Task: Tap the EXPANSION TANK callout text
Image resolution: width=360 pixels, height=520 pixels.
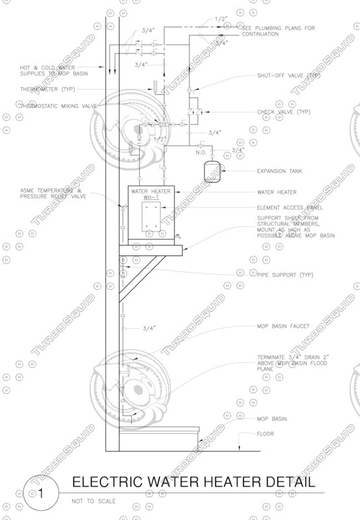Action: tap(280, 171)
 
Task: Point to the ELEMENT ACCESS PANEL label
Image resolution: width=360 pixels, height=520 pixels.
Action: tap(289, 207)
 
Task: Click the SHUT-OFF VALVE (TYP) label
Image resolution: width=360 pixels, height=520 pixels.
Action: tap(289, 75)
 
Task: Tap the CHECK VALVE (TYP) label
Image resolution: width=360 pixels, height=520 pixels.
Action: tap(285, 112)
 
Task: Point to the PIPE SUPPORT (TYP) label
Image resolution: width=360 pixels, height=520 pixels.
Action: tap(285, 275)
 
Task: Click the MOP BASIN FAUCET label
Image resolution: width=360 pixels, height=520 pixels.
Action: tap(283, 326)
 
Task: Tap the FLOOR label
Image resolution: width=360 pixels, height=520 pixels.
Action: tap(265, 434)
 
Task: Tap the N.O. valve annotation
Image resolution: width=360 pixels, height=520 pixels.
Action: tap(201, 152)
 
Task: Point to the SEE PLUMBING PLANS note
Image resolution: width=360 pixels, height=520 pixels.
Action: tap(278, 31)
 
